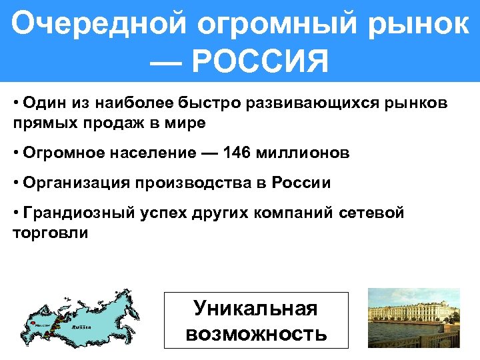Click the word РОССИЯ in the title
tap(259, 63)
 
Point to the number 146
tap(238, 153)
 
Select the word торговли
tap(51, 233)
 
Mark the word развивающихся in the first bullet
tap(295, 104)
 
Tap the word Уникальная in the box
tap(255, 308)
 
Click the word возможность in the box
tap(256, 333)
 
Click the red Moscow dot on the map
tap(32, 324)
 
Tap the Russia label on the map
tap(81, 327)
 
